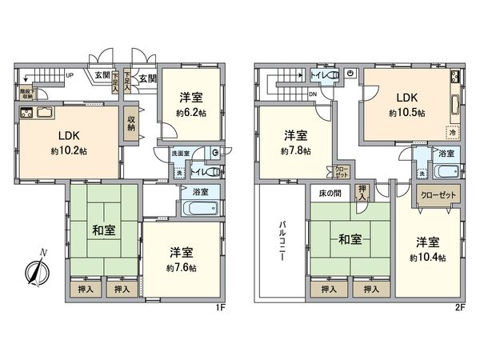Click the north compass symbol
tap(36, 271)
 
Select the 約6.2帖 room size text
tap(190, 114)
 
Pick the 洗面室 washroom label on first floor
tap(182, 152)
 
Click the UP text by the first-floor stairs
tap(70, 77)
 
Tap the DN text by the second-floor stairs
tap(314, 94)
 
